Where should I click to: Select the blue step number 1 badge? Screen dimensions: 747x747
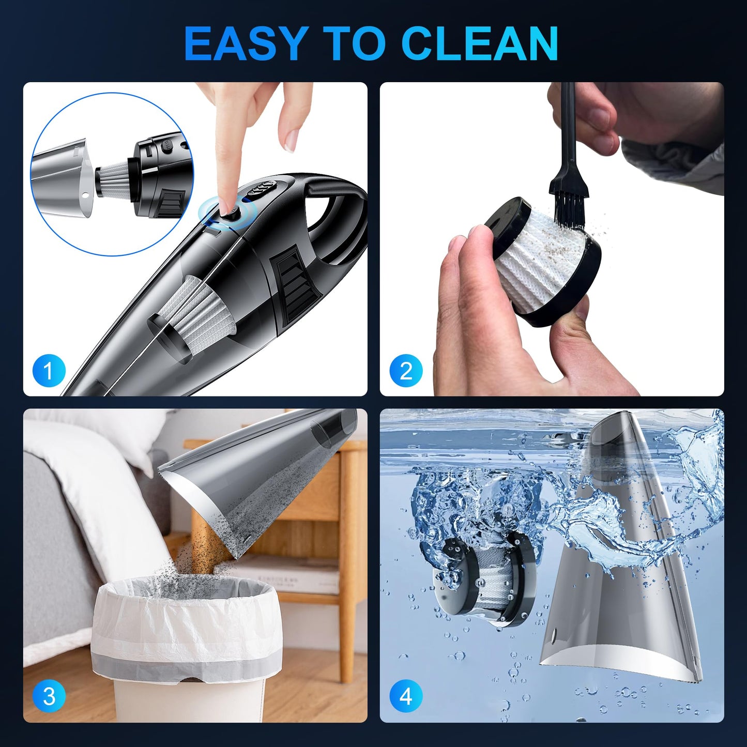tap(49, 371)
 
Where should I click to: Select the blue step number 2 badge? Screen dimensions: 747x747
tap(406, 371)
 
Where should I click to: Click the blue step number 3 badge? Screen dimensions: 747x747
tap(49, 696)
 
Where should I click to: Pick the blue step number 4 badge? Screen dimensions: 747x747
tap(406, 696)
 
